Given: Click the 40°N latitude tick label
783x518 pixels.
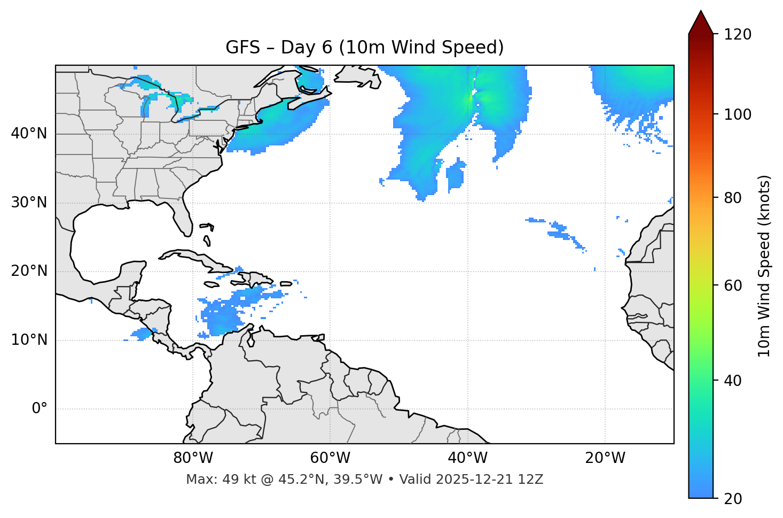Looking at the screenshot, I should [29, 134].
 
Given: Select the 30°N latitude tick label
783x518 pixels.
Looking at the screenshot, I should [29, 203].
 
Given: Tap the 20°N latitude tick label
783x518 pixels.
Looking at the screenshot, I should [29, 271].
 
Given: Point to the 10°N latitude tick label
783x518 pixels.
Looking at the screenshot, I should [29, 340].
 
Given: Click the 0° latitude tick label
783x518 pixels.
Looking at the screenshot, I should [40, 409].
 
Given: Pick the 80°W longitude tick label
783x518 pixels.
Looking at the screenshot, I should [193, 458].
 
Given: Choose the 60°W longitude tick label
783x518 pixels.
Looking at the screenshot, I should [330, 458].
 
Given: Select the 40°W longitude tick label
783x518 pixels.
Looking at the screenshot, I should [467, 458].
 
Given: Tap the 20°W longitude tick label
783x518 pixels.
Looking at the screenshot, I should [605, 458].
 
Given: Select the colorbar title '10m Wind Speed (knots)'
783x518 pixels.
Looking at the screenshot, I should [765, 266].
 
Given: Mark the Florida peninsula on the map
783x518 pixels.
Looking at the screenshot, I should [183, 217].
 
